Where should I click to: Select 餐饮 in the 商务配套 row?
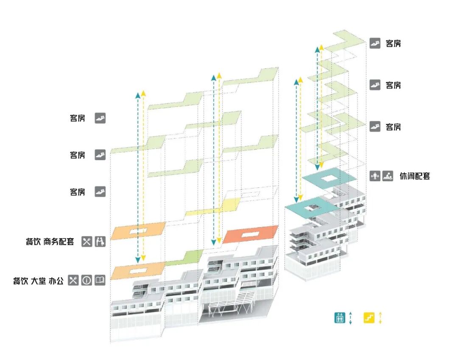click(x=33, y=242)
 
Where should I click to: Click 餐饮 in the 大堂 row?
click(x=20, y=281)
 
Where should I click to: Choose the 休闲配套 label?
click(x=414, y=176)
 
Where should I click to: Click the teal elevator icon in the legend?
click(x=339, y=318)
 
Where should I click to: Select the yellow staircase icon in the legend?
click(x=369, y=318)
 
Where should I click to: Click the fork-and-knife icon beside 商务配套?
click(x=87, y=242)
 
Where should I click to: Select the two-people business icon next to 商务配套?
click(x=100, y=242)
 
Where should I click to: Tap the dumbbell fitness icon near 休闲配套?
click(x=374, y=176)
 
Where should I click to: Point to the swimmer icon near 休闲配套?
click(x=387, y=176)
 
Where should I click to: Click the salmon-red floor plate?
click(x=250, y=234)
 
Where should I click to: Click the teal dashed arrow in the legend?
click(x=350, y=318)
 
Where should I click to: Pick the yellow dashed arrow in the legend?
click(x=380, y=318)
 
